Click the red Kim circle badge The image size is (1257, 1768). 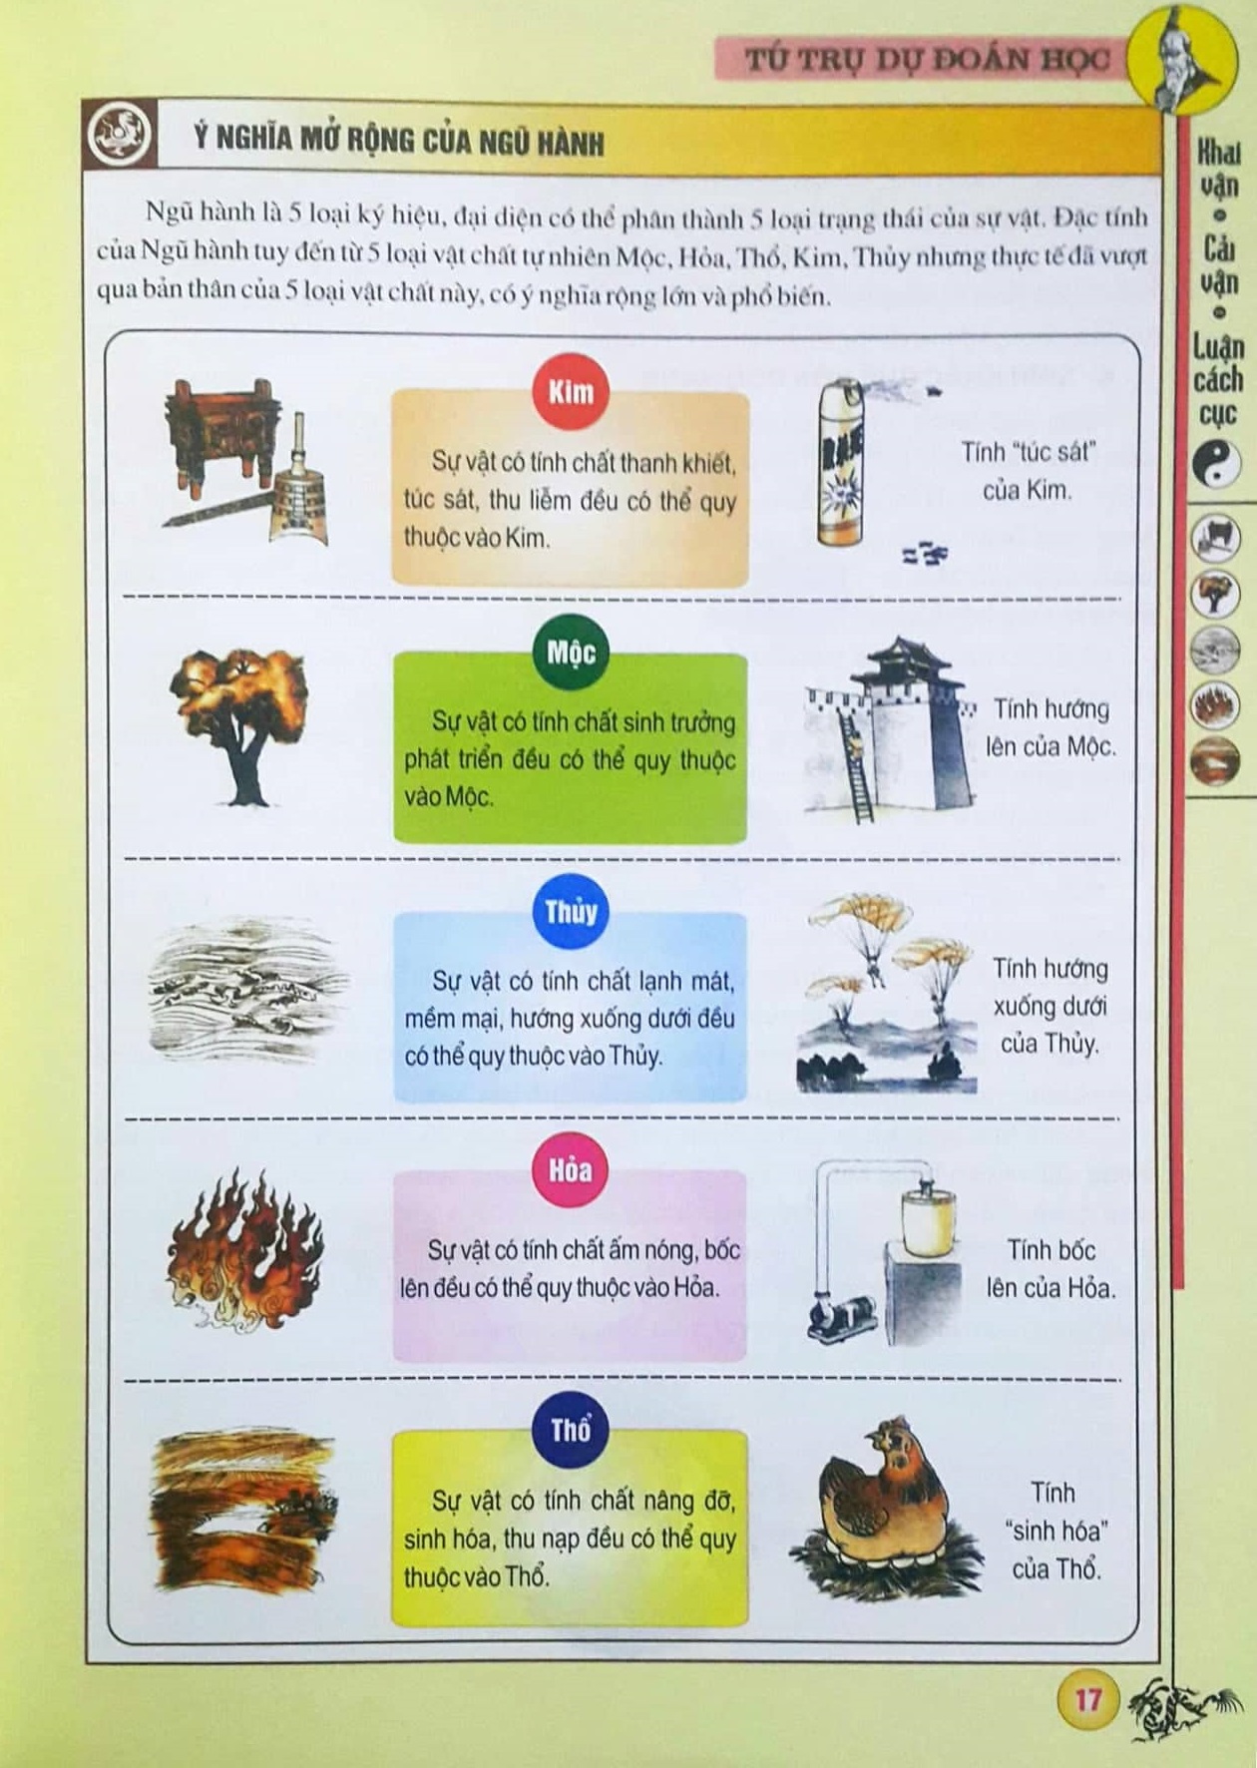(x=571, y=391)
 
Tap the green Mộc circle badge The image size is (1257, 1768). (x=571, y=653)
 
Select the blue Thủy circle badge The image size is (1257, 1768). (x=571, y=911)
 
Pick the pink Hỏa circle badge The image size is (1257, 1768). (x=570, y=1169)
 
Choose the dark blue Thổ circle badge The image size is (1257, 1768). (x=571, y=1430)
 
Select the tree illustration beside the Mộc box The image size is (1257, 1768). (x=239, y=724)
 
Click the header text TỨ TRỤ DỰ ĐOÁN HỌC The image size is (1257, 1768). (x=927, y=59)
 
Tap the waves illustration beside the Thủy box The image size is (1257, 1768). (x=247, y=991)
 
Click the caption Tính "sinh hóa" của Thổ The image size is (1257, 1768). (x=1055, y=1531)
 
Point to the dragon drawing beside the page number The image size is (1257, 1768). (x=1184, y=1707)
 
